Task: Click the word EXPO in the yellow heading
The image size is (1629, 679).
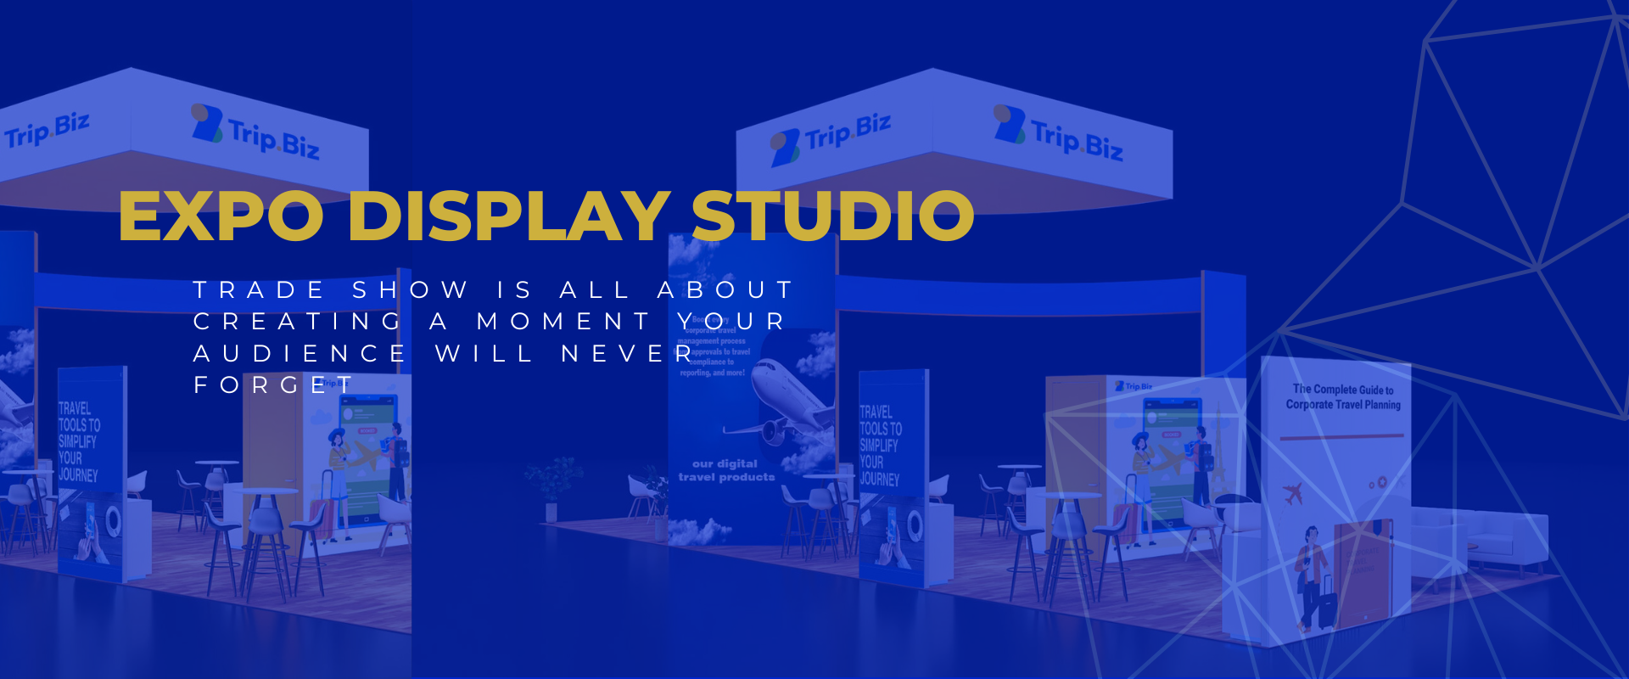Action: (221, 216)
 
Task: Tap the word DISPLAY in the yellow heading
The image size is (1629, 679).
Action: (509, 216)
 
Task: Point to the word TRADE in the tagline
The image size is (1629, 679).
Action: (259, 290)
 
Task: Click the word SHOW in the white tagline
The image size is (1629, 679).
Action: (411, 290)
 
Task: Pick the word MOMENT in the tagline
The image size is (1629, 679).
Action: (564, 322)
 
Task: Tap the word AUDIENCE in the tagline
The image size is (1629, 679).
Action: (300, 353)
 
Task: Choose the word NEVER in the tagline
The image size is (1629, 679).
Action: (628, 353)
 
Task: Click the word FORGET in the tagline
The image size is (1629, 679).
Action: (272, 385)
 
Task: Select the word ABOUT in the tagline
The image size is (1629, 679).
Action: (726, 290)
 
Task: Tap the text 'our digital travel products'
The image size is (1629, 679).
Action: (726, 470)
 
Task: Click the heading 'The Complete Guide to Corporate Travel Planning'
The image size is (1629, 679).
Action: (1342, 397)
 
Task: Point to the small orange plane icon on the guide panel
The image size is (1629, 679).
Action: (1293, 493)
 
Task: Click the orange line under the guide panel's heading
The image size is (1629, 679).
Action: (1341, 437)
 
